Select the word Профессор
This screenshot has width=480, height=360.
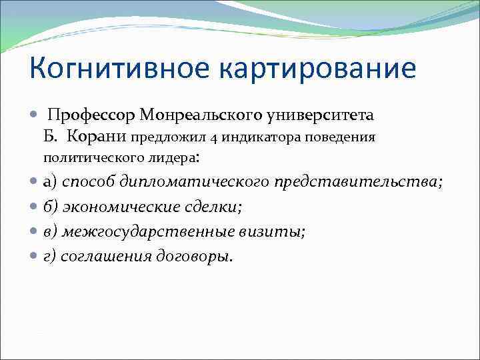click(92, 116)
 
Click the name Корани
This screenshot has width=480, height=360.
click(99, 138)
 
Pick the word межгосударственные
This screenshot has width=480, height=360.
click(147, 232)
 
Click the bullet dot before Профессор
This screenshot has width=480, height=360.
click(34, 116)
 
